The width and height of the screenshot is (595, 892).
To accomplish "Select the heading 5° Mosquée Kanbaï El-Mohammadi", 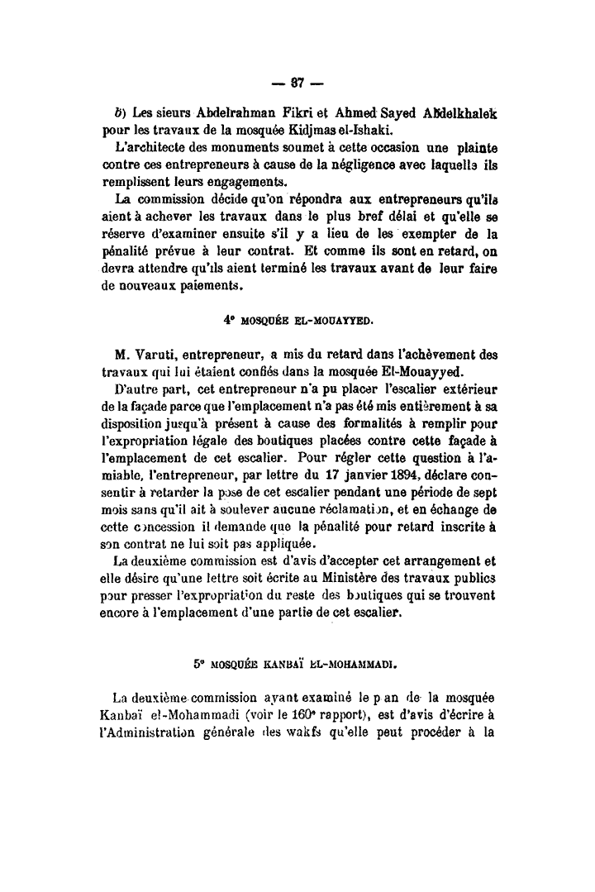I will coord(296,662).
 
